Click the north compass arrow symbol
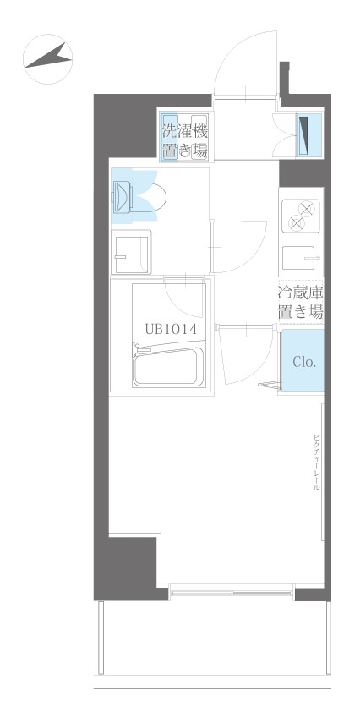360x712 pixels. click(48, 58)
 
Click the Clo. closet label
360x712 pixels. click(303, 361)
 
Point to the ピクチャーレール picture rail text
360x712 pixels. click(316, 463)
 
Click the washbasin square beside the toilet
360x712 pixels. click(131, 252)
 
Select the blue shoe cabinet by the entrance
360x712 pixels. click(308, 135)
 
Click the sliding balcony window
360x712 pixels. click(232, 593)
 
